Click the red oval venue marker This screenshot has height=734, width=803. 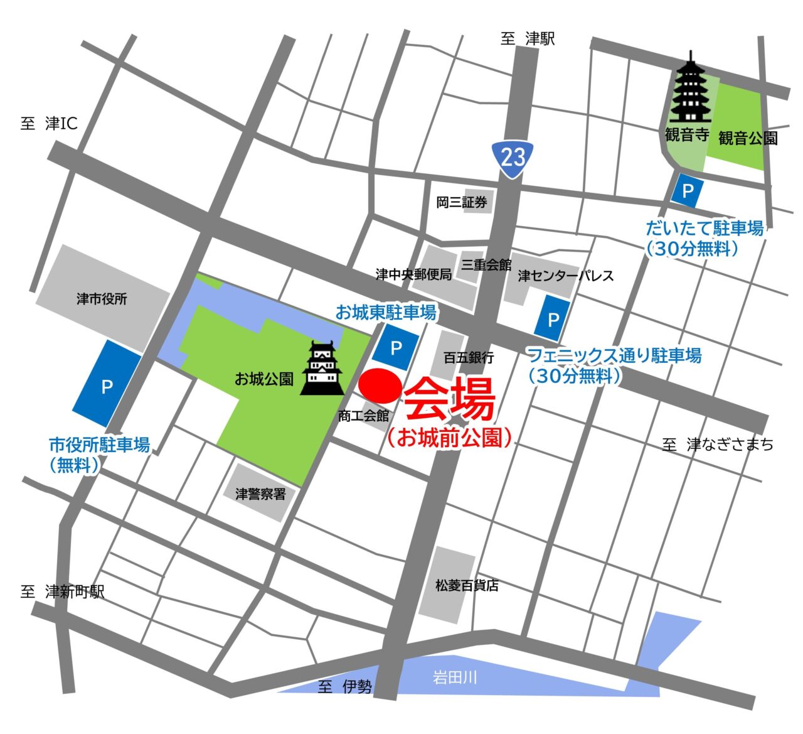380,386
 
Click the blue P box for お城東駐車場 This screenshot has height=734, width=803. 395,348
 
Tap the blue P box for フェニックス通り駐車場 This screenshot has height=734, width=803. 553,320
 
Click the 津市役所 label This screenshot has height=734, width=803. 102,299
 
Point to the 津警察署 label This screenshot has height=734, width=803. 260,494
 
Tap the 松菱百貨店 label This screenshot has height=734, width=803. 467,585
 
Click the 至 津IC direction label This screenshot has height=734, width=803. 49,124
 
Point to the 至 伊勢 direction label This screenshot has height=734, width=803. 344,687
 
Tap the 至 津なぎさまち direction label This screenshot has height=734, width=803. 718,445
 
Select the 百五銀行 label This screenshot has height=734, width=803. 469,357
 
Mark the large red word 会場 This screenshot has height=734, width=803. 449,399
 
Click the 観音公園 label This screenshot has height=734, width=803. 748,138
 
